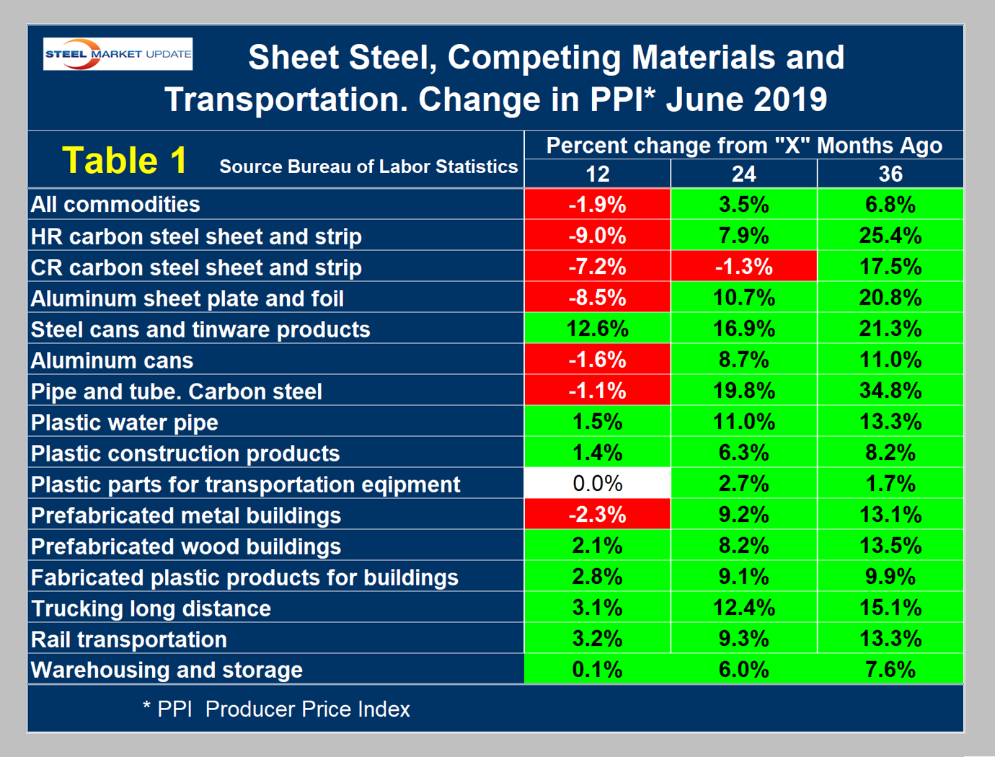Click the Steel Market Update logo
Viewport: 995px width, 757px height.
pos(118,54)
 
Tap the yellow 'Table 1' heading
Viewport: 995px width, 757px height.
pos(124,160)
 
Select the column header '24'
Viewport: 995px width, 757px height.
pos(743,174)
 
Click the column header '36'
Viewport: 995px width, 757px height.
pos(890,174)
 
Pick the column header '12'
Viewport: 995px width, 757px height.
pos(597,174)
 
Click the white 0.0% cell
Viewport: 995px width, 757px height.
pos(597,483)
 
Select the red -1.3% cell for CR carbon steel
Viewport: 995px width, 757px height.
pos(743,267)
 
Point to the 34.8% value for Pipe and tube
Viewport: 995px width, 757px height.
pos(890,391)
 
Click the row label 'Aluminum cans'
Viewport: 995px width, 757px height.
pos(112,360)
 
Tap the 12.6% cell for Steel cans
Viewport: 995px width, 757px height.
pos(597,329)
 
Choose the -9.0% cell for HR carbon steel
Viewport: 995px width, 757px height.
pos(597,236)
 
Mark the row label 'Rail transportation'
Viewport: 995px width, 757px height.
pos(129,639)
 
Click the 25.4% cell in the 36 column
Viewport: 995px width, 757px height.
pos(890,236)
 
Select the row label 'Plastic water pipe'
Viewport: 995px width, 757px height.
pos(124,422)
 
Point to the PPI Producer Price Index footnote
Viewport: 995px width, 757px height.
pos(276,709)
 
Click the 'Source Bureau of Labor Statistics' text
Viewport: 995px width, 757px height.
pos(368,167)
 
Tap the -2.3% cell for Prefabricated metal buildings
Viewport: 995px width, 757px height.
pos(597,515)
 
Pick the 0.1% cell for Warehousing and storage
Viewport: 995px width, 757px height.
pos(597,670)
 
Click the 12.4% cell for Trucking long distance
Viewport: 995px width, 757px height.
pos(743,608)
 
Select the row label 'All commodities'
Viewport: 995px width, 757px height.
pos(115,205)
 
